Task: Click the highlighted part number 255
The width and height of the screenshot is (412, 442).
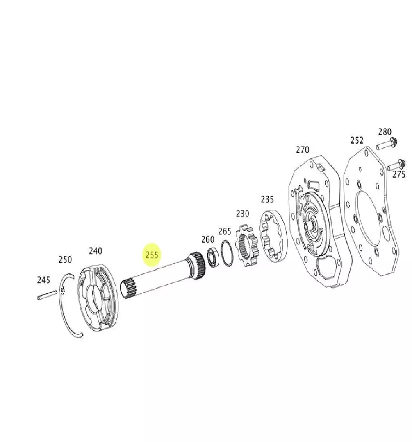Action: (152, 255)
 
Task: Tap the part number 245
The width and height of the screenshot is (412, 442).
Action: (43, 280)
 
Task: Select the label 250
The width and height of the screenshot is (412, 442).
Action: (65, 259)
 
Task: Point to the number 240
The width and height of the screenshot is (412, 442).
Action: (96, 250)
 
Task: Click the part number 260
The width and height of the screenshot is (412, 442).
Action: (208, 239)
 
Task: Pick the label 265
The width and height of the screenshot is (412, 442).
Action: (225, 231)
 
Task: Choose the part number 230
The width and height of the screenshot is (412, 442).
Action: (243, 213)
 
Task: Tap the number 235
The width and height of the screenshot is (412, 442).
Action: (267, 199)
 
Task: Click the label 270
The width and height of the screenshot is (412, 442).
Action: (303, 149)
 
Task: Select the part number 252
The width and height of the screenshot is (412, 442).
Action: (357, 140)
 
